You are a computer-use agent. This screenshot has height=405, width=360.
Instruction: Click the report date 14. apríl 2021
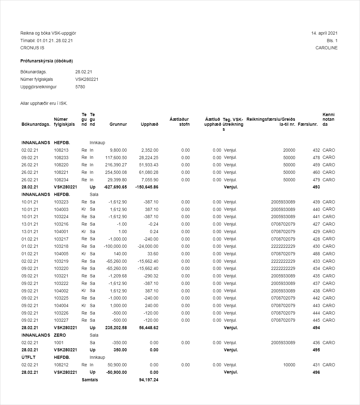click(324, 33)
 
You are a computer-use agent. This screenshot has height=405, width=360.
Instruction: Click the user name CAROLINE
click(326, 48)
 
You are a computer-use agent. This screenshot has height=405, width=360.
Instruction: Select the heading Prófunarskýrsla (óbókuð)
click(46, 61)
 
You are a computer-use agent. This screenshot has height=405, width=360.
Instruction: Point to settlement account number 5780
click(80, 87)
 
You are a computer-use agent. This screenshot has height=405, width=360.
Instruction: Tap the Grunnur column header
click(118, 124)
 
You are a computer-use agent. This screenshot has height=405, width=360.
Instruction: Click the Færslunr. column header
click(308, 124)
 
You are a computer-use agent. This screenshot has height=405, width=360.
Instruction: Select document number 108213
click(61, 150)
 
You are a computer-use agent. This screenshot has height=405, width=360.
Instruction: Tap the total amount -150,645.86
click(147, 187)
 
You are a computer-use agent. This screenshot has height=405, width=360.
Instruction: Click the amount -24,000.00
click(148, 246)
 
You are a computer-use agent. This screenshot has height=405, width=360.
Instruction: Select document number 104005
click(61, 254)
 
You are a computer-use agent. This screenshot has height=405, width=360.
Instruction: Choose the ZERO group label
click(60, 335)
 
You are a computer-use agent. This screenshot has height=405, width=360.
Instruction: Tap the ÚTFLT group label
click(28, 357)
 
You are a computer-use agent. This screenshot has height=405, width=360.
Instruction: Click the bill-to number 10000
click(289, 365)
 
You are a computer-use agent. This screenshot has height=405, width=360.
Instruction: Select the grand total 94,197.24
click(149, 380)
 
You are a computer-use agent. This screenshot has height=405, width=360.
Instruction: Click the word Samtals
click(90, 380)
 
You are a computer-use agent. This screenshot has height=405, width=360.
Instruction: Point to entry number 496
click(316, 372)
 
